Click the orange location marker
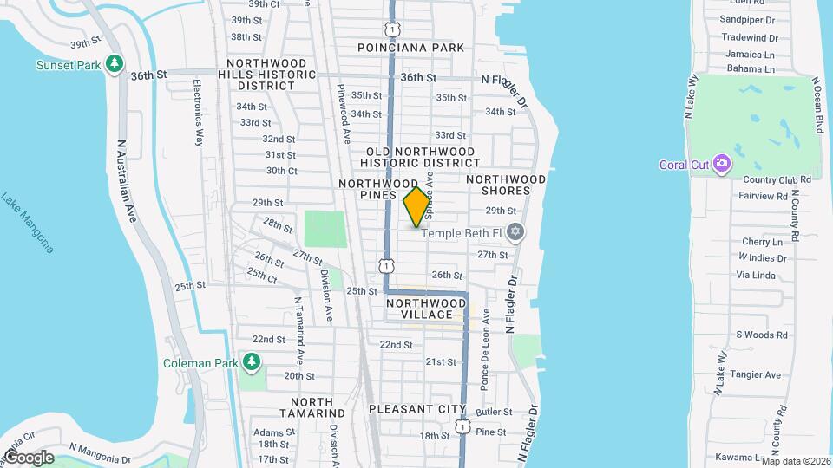point(417,206)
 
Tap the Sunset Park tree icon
point(114,64)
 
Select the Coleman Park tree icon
point(253,361)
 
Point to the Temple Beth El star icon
point(515,232)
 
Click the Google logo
point(28,457)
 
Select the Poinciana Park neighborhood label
point(415,48)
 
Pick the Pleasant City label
point(417,409)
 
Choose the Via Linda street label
point(755,275)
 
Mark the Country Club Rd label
point(777,179)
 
